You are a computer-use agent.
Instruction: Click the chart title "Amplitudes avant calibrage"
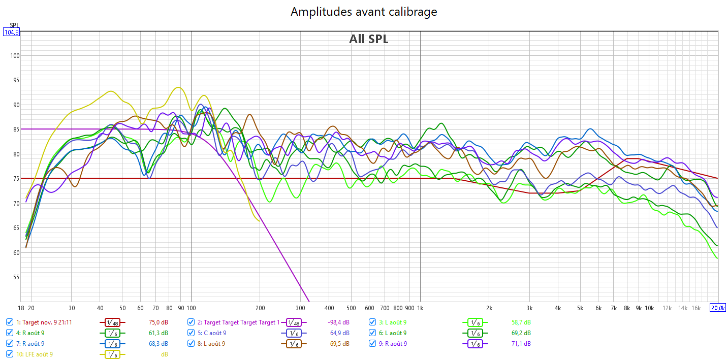click(x=364, y=12)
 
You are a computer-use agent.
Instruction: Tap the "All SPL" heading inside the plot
click(x=368, y=39)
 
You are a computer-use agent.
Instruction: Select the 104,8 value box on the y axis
click(x=11, y=32)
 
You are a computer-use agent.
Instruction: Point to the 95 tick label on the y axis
click(x=16, y=80)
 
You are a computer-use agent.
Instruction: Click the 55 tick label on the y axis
click(x=16, y=277)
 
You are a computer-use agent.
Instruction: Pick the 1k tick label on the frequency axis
click(x=420, y=308)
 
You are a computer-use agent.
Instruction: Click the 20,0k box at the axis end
click(x=717, y=308)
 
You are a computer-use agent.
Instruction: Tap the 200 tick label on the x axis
click(x=260, y=308)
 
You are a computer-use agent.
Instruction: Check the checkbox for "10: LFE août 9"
click(x=10, y=354)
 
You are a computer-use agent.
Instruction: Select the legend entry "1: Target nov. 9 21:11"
click(x=44, y=322)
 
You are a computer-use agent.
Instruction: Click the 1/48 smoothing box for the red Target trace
click(x=113, y=322)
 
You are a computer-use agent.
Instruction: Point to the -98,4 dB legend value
click(x=339, y=322)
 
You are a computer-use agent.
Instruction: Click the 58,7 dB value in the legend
click(x=521, y=322)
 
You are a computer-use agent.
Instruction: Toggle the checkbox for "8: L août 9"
click(x=191, y=344)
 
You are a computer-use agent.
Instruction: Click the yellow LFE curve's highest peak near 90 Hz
click(x=177, y=87)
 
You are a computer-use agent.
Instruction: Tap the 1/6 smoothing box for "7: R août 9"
click(x=113, y=344)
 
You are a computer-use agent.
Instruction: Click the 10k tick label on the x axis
click(x=649, y=308)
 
